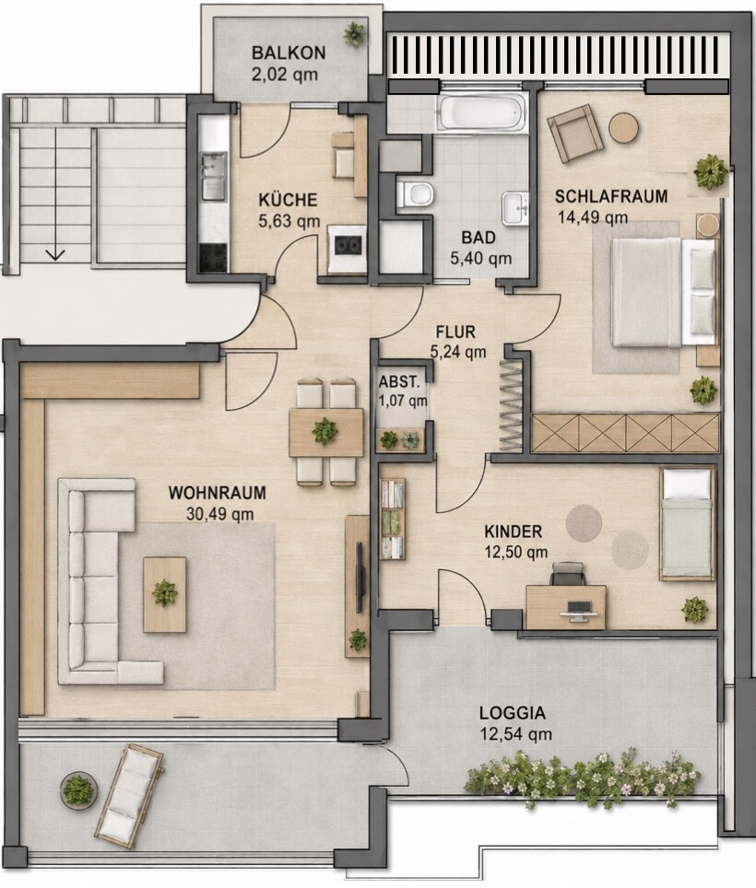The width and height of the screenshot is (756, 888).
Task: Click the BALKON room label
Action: coord(289,53)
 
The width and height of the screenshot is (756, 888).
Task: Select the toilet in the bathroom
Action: coord(415,194)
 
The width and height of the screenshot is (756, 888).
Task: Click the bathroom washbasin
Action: coord(514,208)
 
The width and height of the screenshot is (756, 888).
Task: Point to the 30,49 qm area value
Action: coord(220,514)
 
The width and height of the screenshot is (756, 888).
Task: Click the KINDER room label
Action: coord(513,532)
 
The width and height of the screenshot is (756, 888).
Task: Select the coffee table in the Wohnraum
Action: coord(165,594)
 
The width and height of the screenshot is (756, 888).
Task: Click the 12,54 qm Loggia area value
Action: coord(515,734)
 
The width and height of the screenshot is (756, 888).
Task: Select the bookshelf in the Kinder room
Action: coord(392,519)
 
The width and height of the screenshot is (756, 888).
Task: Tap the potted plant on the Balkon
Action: coord(354,34)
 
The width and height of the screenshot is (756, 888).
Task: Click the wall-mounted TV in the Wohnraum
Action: coord(360,577)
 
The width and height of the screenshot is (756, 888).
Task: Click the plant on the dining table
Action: coord(325,431)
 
